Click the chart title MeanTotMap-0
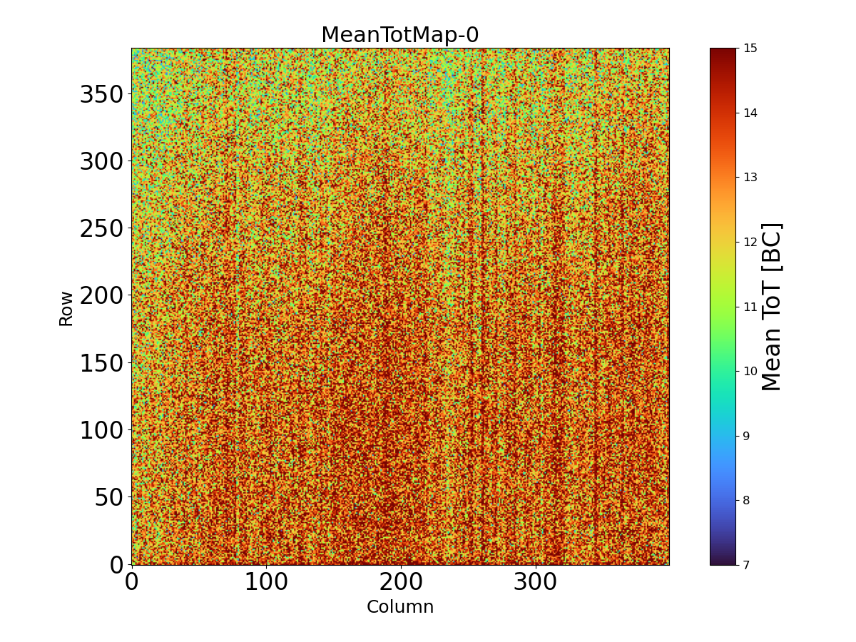click(399, 35)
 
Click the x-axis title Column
click(399, 607)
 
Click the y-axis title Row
click(66, 308)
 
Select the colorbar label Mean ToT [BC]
click(772, 307)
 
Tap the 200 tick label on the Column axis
click(401, 582)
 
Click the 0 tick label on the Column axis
click(131, 582)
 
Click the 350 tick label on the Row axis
click(101, 94)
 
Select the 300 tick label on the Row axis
click(101, 161)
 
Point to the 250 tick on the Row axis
click(101, 228)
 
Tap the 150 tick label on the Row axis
click(101, 362)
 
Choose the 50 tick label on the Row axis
click(109, 497)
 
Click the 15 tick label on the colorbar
click(750, 49)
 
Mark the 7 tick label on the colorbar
click(747, 565)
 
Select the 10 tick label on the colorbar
click(750, 371)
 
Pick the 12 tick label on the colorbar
click(750, 242)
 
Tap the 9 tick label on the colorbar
click(747, 436)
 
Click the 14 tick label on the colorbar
click(750, 113)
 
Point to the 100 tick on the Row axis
click(101, 430)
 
